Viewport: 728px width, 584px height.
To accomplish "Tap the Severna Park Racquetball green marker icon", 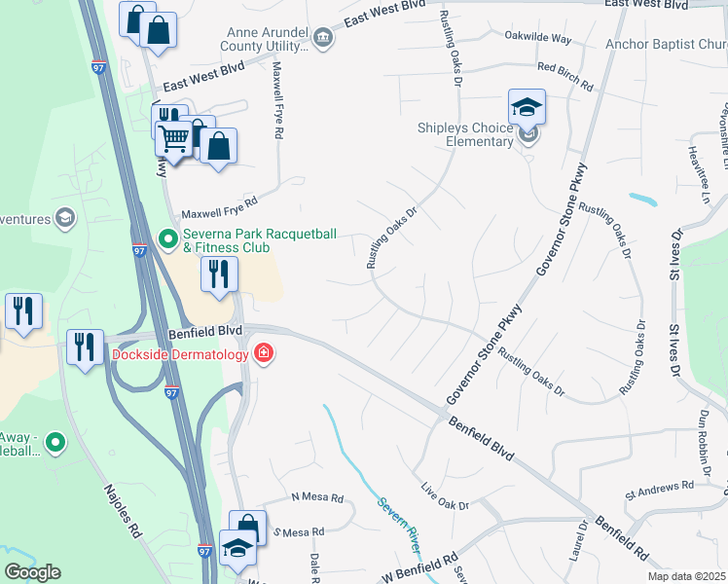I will point(167,237).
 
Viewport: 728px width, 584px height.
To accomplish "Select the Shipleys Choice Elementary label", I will point(465,135).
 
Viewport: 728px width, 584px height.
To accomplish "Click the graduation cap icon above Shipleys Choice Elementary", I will point(527,107).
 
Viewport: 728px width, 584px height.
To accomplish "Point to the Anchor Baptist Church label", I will point(666,44).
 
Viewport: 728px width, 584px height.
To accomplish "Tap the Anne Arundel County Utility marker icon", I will point(324,38).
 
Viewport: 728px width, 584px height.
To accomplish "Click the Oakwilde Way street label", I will point(537,38).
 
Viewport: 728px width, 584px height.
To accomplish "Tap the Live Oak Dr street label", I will point(445,496).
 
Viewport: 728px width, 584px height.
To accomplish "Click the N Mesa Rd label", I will point(317,498).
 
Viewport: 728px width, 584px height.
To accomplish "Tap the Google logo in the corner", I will point(31,572).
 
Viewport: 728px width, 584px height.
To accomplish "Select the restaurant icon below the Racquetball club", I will point(219,274).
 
